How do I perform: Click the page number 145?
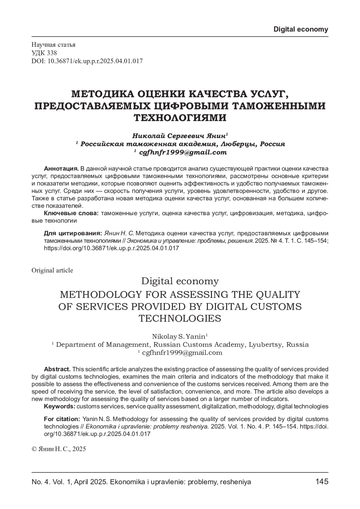pyautogui.click(x=322, y=482)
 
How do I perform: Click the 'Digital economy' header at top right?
pyautogui.click(x=301, y=29)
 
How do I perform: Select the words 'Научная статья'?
pyautogui.click(x=53, y=45)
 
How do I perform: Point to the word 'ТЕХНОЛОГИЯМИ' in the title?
pyautogui.click(x=180, y=118)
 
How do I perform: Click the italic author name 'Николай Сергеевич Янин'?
pyautogui.click(x=179, y=135)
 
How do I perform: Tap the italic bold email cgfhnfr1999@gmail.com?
pyautogui.click(x=183, y=152)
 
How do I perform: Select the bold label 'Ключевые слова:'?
pyautogui.click(x=71, y=213)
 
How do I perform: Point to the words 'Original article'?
pyautogui.click(x=52, y=270)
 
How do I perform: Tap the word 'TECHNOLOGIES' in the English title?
pyautogui.click(x=180, y=318)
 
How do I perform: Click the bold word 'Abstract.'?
pyautogui.click(x=57, y=369)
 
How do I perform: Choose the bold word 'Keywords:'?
pyautogui.click(x=60, y=406)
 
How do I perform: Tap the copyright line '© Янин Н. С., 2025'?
pyautogui.click(x=59, y=449)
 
